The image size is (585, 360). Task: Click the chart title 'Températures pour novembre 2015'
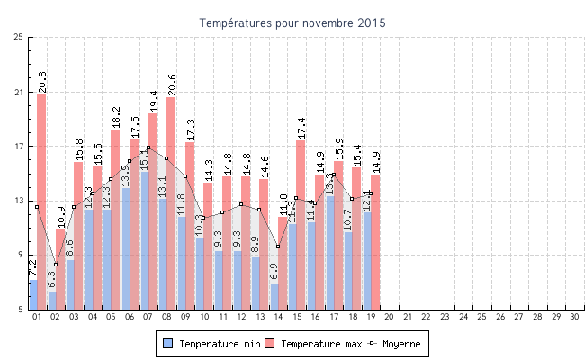pyautogui.click(x=292, y=22)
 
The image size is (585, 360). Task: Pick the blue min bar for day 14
pyautogui.click(x=274, y=296)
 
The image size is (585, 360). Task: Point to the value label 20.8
pyautogui.click(x=42, y=82)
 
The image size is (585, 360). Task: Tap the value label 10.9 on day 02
pyautogui.click(x=60, y=217)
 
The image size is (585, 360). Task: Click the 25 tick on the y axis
pyautogui.click(x=19, y=37)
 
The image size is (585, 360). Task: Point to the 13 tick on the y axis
pyautogui.click(x=19, y=201)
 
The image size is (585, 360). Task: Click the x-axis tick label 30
pyautogui.click(x=575, y=317)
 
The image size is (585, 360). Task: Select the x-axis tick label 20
pyautogui.click(x=389, y=317)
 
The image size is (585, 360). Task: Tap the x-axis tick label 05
pyautogui.click(x=111, y=317)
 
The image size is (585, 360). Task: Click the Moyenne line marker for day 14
pyautogui.click(x=277, y=247)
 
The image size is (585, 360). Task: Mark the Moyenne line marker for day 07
pyautogui.click(x=148, y=148)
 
